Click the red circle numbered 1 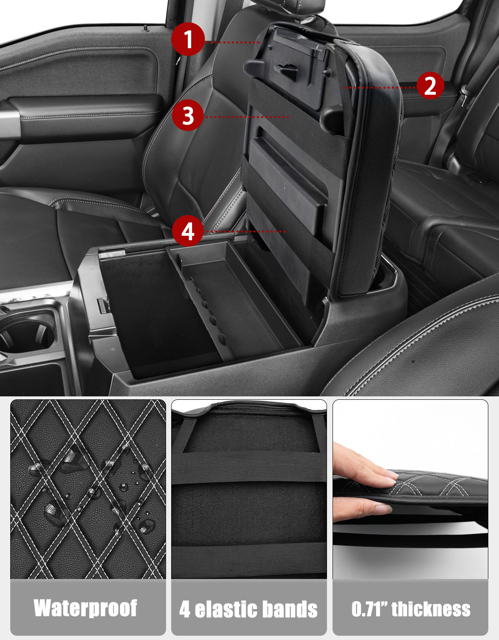(188, 39)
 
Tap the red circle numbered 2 (430, 85)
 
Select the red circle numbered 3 (188, 115)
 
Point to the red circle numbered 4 (188, 230)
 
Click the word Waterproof (85, 608)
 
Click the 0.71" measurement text (370, 608)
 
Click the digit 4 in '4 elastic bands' (185, 609)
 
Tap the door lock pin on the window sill (145, 28)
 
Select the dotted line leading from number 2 (380, 87)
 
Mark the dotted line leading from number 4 (245, 232)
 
